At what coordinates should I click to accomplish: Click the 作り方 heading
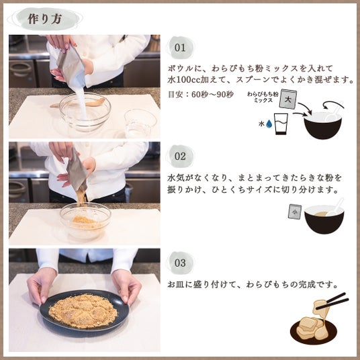pos(45,19)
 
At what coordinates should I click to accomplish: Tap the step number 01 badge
pos(180,48)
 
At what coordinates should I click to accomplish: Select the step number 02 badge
pos(180,156)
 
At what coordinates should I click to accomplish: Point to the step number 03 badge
pos(180,263)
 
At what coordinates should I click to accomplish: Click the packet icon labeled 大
pos(288,99)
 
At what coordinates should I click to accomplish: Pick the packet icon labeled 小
pos(295,212)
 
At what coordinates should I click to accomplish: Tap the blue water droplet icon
pos(269,124)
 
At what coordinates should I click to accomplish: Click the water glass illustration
pos(281,124)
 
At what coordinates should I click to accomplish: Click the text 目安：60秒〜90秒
pos(201,94)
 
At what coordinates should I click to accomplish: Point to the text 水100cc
pos(184,79)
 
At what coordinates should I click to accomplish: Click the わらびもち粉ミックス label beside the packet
pos(263,97)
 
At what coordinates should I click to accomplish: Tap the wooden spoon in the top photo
pos(77,103)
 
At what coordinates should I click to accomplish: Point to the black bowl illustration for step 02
pos(324,220)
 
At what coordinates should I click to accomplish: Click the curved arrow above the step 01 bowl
pos(333,105)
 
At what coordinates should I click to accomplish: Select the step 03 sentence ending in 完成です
pos(253,285)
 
